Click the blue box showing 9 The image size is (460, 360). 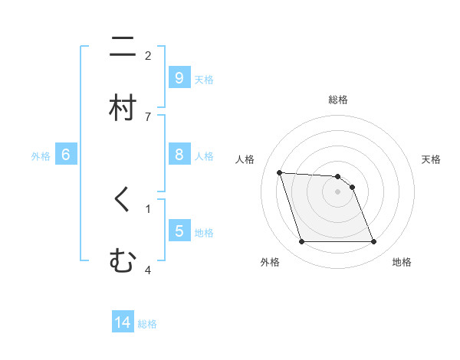[x=179, y=77]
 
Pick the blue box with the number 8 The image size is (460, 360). [x=179, y=155]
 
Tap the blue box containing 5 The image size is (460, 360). [x=179, y=231]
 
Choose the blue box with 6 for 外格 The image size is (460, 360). [x=66, y=155]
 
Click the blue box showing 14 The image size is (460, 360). [x=123, y=322]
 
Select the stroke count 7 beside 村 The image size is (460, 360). [x=148, y=116]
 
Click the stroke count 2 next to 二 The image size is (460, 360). [x=148, y=56]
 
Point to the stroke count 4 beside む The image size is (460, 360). [x=148, y=270]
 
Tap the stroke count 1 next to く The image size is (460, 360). [x=148, y=208]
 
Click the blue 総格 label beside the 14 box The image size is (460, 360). [x=147, y=324]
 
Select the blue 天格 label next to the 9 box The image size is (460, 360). [x=204, y=79]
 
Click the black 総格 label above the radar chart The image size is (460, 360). [x=338, y=100]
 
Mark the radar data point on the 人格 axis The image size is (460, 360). [x=279, y=172]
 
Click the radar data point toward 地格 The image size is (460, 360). [x=373, y=242]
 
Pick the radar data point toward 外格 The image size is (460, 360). [x=301, y=242]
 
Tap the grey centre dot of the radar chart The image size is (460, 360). [x=337, y=191]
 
